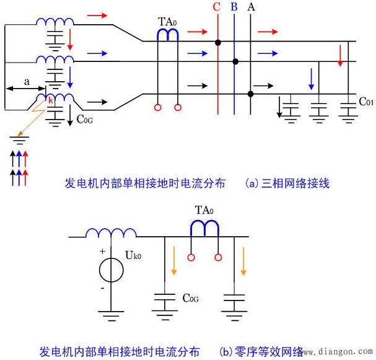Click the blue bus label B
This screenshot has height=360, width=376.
pyautogui.click(x=234, y=7)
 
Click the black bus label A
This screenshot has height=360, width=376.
pyautogui.click(x=251, y=7)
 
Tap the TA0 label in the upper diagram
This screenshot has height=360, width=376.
pyautogui.click(x=167, y=22)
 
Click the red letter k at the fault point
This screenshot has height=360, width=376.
pyautogui.click(x=51, y=100)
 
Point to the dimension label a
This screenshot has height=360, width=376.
pyautogui.click(x=26, y=81)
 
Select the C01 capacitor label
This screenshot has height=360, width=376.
pyautogui.click(x=366, y=100)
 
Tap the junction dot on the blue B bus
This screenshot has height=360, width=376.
pyautogui.click(x=235, y=61)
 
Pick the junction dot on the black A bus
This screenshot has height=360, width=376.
pyautogui.click(x=250, y=94)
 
